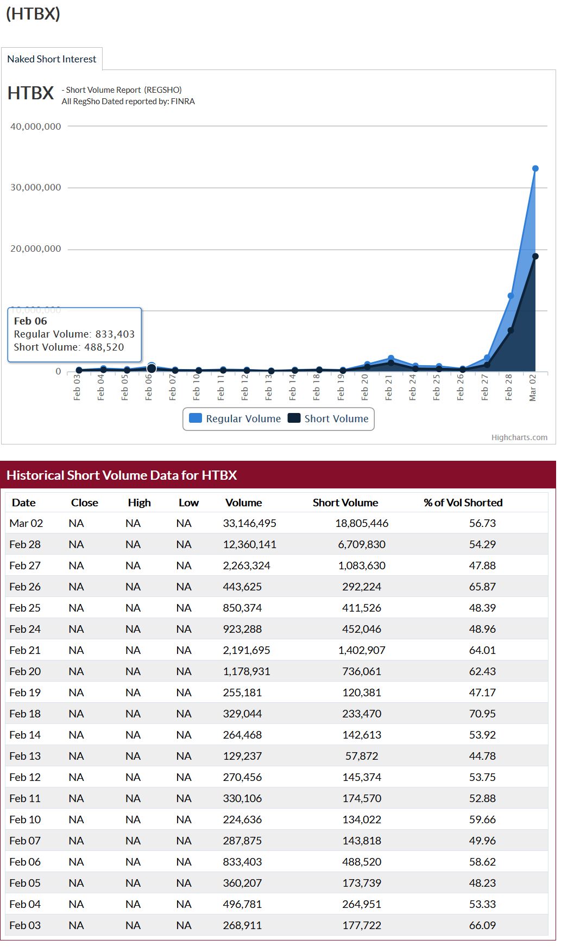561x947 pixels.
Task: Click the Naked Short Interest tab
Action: click(52, 59)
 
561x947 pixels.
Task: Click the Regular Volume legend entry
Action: click(235, 418)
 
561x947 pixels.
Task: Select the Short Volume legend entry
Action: click(329, 418)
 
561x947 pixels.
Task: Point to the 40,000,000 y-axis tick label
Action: click(36, 126)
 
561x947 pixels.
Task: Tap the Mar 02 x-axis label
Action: click(533, 387)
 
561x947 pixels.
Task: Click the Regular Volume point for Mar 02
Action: click(535, 169)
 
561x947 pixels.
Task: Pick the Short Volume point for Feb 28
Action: click(510, 330)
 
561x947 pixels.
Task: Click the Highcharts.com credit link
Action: click(519, 437)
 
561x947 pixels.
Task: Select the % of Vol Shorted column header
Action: click(463, 503)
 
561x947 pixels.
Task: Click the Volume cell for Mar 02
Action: click(249, 523)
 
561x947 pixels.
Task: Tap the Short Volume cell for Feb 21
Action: click(362, 650)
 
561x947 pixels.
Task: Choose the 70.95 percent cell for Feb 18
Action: click(482, 714)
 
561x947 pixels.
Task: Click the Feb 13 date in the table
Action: click(25, 756)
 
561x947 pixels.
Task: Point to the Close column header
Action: click(85, 503)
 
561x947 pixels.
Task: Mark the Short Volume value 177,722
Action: click(362, 925)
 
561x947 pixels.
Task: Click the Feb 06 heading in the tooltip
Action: click(30, 321)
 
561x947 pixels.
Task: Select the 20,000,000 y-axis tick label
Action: click(36, 249)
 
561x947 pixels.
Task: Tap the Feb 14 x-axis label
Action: click(293, 387)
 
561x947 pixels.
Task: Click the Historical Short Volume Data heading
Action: click(122, 475)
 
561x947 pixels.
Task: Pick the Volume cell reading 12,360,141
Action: click(249, 544)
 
